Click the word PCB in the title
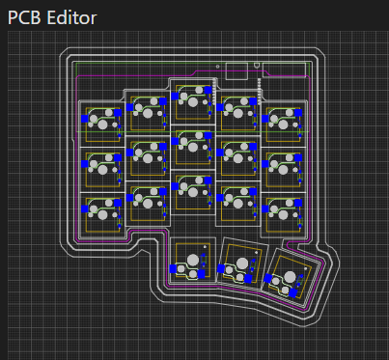tap(24, 17)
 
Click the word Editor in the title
tap(71, 17)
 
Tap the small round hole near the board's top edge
tap(218, 67)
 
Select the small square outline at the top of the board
tap(236, 71)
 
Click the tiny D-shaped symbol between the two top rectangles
tap(257, 66)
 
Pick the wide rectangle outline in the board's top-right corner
tap(285, 69)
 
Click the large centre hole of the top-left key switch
tap(102, 125)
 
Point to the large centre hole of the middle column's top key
tap(193, 102)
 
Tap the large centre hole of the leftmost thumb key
tap(193, 260)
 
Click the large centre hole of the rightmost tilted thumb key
tap(290, 277)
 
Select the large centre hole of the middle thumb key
tap(242, 263)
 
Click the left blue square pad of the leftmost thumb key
tap(173, 268)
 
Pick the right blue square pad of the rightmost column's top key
tap(298, 113)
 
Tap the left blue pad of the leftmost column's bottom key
tap(85, 209)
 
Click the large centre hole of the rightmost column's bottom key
tap(283, 214)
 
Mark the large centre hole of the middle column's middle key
tap(193, 147)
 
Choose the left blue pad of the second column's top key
tap(129, 107)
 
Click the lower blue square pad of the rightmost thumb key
tap(292, 293)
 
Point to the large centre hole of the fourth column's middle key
tap(238, 158)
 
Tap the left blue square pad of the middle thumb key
tap(221, 268)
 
